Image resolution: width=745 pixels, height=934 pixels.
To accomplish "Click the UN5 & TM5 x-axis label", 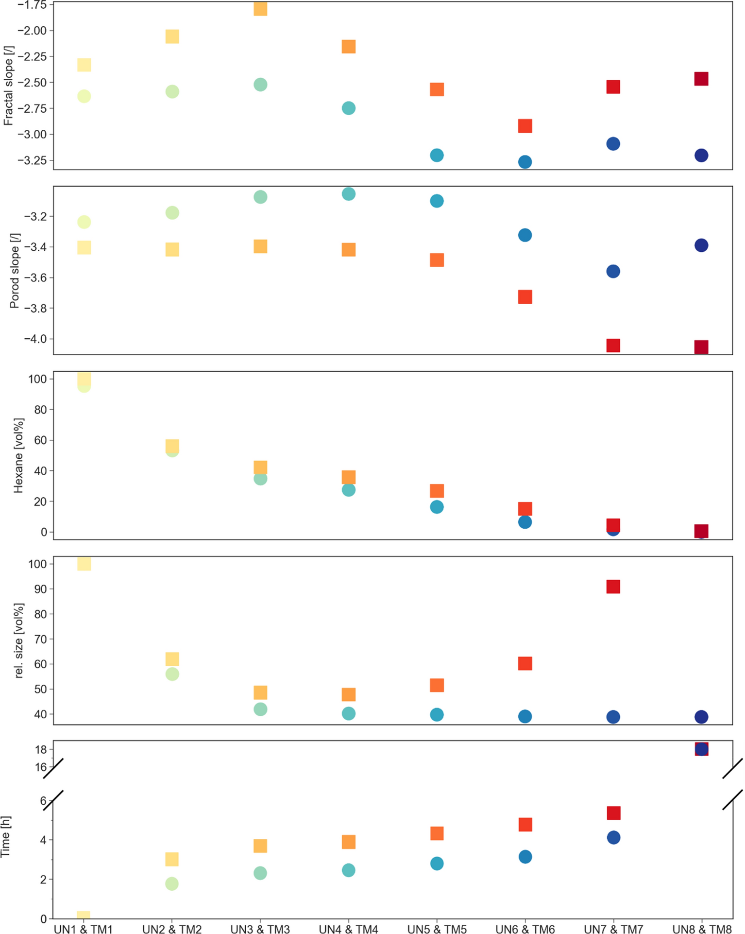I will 436,929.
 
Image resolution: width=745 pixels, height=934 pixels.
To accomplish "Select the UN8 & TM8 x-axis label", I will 701,929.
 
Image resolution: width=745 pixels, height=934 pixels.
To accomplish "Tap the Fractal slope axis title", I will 8,86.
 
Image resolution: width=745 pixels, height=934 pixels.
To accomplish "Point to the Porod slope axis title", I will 15,270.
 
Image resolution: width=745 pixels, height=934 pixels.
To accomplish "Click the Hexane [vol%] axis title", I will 18,455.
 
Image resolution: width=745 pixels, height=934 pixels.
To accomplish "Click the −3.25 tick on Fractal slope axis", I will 32,160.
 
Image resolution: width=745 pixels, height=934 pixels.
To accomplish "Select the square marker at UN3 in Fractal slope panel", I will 260,9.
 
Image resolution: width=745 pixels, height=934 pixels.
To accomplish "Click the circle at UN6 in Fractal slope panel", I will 525,162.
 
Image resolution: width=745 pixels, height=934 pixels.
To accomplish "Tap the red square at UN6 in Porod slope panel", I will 525,297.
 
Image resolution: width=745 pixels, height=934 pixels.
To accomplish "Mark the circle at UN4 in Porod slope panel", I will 348,194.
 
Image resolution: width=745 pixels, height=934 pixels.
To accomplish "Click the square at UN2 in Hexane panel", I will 172,446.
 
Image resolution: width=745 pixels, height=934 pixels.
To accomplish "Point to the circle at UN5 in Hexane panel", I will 437,507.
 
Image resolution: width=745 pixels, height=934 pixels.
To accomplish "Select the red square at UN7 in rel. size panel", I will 613,587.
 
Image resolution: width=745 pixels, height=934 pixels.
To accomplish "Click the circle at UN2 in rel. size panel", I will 172,674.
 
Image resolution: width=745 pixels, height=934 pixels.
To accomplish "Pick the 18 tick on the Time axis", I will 41,750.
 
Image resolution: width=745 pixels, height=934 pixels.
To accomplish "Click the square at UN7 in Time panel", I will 613,813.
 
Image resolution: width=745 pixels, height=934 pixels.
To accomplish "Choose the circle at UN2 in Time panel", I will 172,883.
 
